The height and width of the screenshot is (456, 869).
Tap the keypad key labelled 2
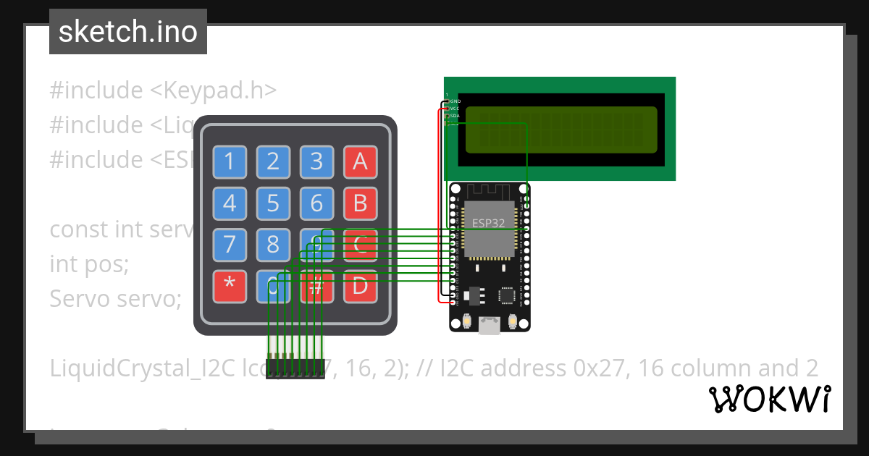point(273,162)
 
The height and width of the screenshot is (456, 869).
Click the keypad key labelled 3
point(316,162)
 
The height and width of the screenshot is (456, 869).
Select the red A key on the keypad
point(360,162)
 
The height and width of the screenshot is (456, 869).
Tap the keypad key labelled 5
point(273,203)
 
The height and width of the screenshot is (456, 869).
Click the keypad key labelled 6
point(316,203)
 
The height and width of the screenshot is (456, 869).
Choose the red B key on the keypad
point(360,203)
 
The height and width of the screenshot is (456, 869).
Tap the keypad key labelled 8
point(273,245)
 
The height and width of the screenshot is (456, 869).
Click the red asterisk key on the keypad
point(230,286)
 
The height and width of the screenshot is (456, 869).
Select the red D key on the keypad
point(360,286)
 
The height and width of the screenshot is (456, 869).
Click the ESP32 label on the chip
point(488,223)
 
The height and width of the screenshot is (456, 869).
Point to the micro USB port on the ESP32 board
point(490,326)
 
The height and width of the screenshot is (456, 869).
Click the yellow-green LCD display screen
point(561,130)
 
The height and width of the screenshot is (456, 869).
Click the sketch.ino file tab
point(128,32)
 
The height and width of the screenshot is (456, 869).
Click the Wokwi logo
point(769,399)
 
